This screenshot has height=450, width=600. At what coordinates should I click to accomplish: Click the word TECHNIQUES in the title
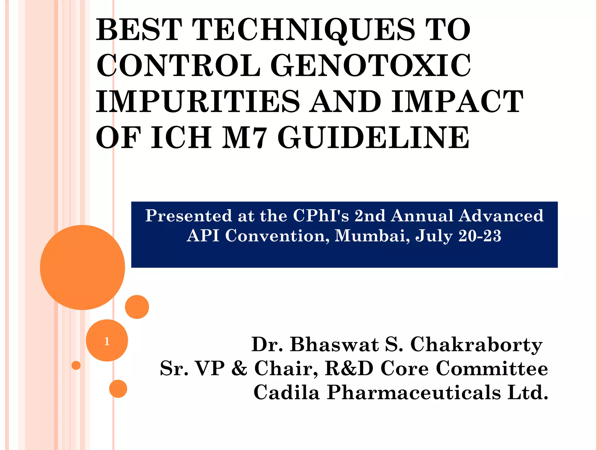pyautogui.click(x=303, y=30)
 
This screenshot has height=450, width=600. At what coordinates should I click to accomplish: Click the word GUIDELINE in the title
pyautogui.click(x=373, y=137)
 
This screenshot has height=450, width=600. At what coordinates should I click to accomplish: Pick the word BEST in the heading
pyautogui.click(x=139, y=30)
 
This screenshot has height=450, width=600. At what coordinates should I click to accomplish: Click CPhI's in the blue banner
pyautogui.click(x=321, y=216)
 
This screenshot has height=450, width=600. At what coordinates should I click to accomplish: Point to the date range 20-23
pyautogui.click(x=480, y=236)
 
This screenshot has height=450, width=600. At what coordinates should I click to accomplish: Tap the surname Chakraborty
pyautogui.click(x=476, y=345)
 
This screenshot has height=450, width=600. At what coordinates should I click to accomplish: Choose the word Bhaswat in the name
pyautogui.click(x=334, y=345)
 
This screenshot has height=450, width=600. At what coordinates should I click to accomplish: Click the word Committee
pyautogui.click(x=492, y=368)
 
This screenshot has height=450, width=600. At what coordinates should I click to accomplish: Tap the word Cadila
pyautogui.click(x=286, y=392)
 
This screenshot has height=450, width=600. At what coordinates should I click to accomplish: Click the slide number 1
pyautogui.click(x=107, y=341)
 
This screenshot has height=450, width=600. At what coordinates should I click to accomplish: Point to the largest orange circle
pyautogui.click(x=83, y=267)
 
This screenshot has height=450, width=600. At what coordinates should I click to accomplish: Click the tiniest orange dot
pyautogui.click(x=76, y=365)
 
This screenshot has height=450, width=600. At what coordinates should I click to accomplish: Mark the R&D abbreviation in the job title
pyautogui.click(x=349, y=368)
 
